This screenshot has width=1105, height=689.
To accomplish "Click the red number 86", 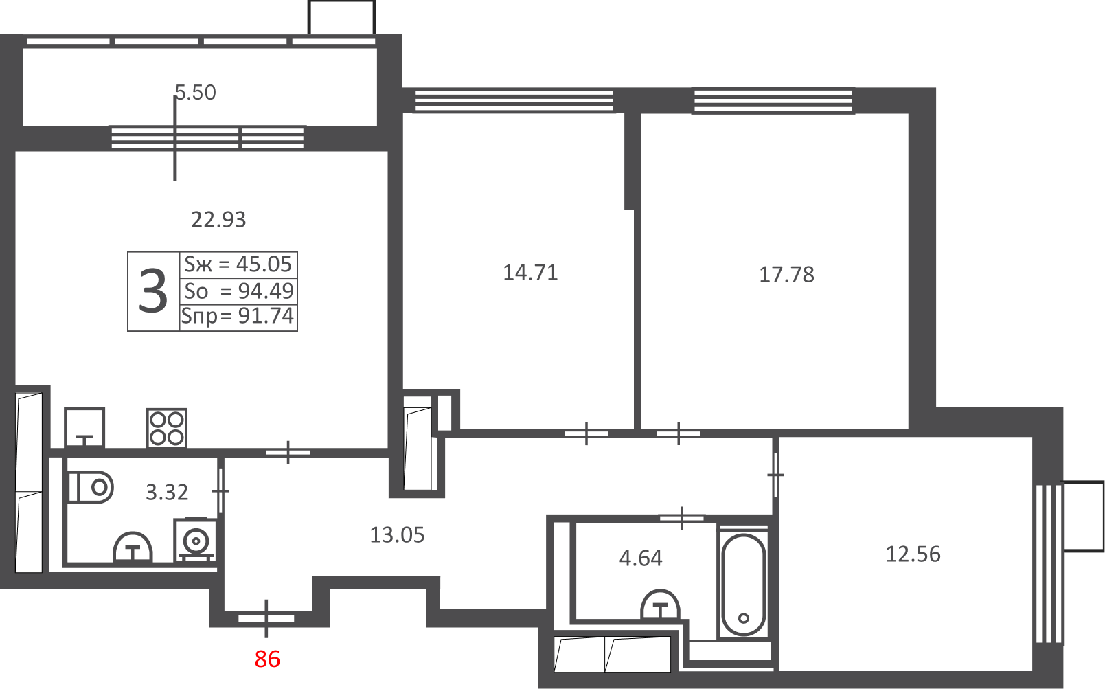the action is click(267, 659).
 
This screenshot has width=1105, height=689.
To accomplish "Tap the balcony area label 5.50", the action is click(196, 93).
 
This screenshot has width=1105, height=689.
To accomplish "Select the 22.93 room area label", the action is click(218, 220).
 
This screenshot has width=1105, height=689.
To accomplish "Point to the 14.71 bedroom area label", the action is click(530, 273).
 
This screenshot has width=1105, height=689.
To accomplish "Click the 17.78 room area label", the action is click(786, 275).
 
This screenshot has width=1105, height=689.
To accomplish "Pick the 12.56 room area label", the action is click(913, 554).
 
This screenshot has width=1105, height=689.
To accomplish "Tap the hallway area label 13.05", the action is click(397, 535).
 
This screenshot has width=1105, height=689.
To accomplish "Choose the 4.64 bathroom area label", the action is click(640, 558).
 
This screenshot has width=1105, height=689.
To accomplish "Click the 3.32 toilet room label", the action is click(167, 492).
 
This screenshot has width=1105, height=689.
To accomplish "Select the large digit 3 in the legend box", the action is click(153, 291).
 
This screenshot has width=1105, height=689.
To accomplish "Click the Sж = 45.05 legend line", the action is click(238, 264).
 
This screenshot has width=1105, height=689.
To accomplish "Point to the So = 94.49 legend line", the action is click(239, 291).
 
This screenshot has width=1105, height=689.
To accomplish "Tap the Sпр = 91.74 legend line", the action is click(238, 316).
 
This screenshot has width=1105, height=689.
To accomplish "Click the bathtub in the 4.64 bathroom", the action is click(743, 585).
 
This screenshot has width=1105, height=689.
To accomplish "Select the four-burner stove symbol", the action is click(167, 427).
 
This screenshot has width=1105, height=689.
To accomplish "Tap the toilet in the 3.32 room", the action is click(91, 487).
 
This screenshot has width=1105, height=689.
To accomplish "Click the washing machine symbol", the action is click(195, 540).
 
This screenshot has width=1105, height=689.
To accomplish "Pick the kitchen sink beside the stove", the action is click(84, 427).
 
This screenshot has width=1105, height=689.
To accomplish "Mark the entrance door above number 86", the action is click(266, 618).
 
